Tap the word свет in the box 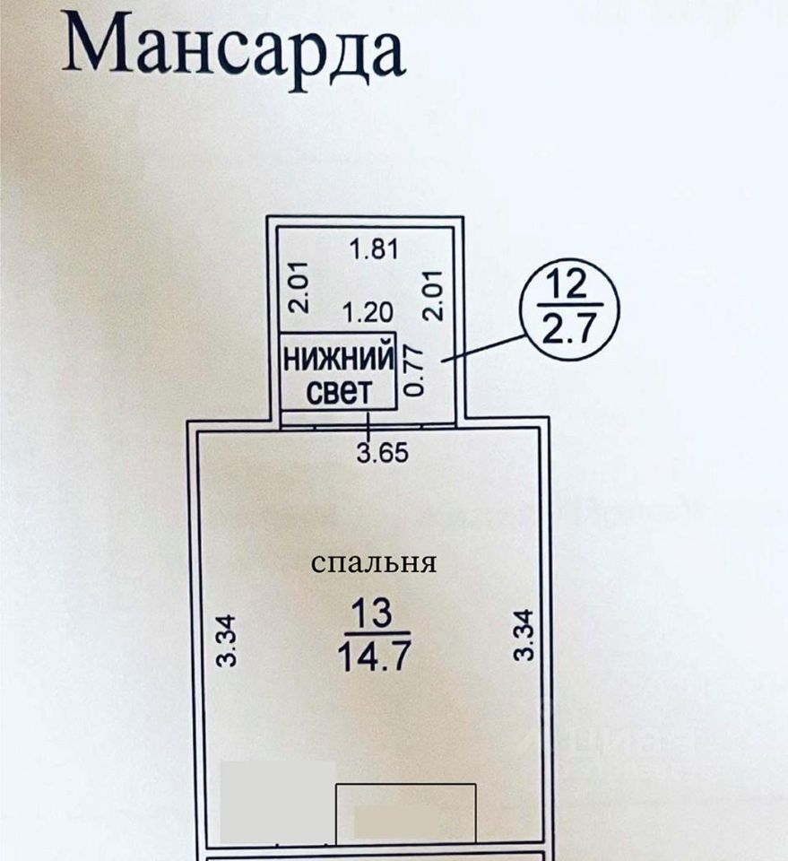click(x=339, y=392)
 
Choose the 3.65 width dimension click(x=383, y=453)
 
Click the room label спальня click(x=374, y=563)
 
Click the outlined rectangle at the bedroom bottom click(x=405, y=813)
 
